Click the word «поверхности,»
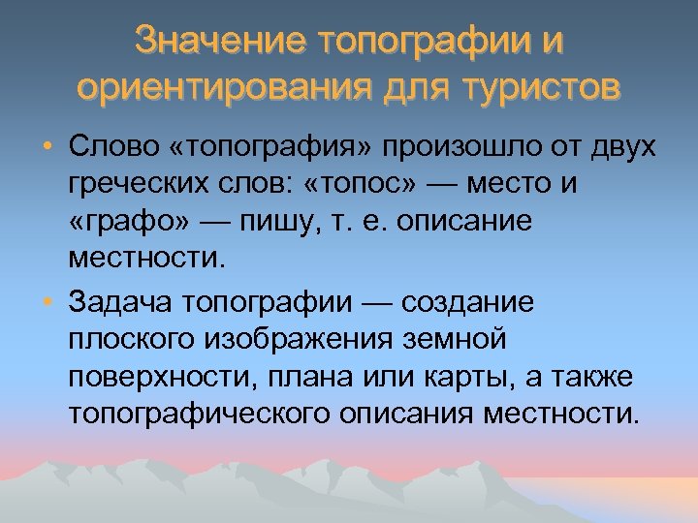click(x=157, y=377)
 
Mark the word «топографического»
click(x=199, y=414)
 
